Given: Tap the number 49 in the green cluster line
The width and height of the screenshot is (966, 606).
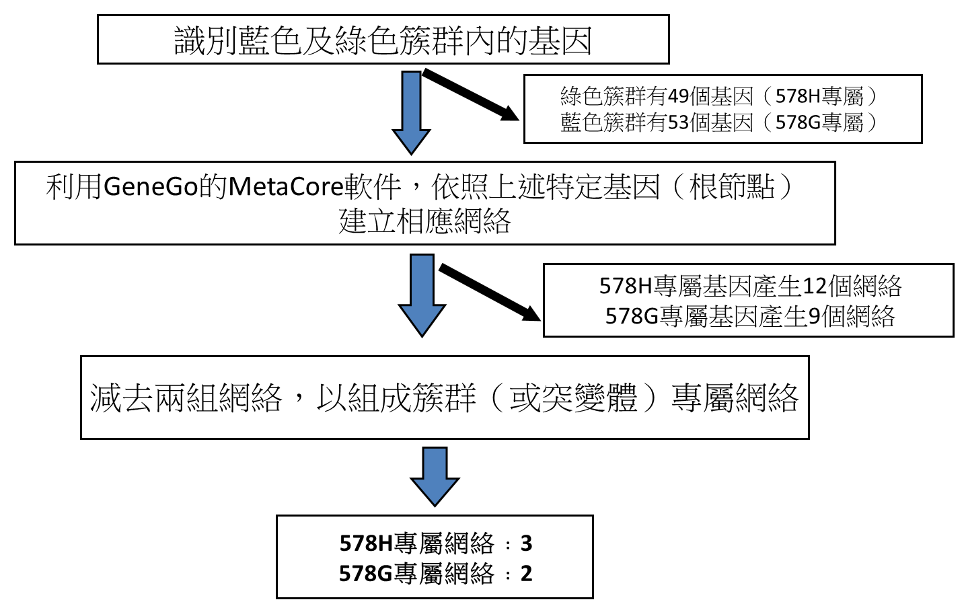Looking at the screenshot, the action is (x=677, y=96).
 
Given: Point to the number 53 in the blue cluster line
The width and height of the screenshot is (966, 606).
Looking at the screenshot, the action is (x=677, y=122).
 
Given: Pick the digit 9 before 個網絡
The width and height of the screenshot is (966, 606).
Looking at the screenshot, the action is (x=814, y=316).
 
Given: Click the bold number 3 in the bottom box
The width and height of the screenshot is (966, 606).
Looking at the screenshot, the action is (x=526, y=543).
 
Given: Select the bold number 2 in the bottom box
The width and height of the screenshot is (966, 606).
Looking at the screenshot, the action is (x=526, y=574).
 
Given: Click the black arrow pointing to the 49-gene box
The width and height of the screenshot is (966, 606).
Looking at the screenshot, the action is (x=470, y=94).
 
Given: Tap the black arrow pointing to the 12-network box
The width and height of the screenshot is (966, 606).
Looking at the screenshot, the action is (x=490, y=293).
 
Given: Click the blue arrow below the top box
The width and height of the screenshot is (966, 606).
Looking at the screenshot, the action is (x=411, y=113).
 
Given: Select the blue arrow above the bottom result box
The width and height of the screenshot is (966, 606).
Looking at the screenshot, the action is (x=435, y=477).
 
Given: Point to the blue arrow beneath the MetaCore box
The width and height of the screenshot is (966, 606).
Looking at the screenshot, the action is (x=422, y=295).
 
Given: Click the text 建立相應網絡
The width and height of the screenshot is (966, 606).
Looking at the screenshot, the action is (x=424, y=221).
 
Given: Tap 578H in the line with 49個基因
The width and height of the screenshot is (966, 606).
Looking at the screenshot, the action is (x=797, y=96).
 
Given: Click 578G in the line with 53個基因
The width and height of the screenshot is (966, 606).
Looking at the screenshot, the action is (x=797, y=122).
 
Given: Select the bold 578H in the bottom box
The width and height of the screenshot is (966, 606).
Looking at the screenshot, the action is (x=366, y=543).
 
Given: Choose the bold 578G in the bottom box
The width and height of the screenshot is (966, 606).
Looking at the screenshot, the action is (x=365, y=574).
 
